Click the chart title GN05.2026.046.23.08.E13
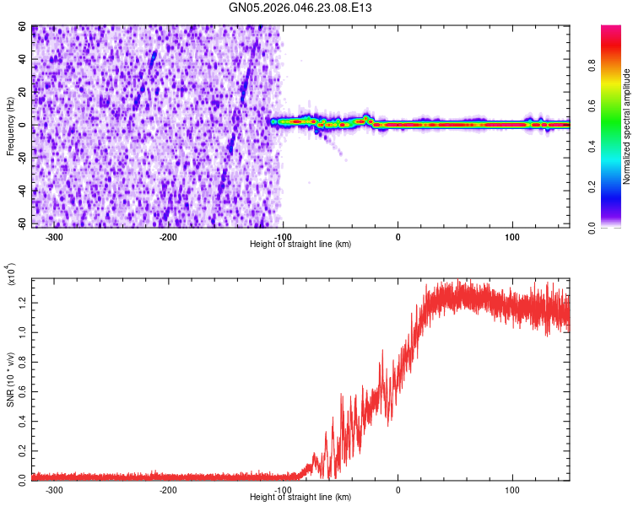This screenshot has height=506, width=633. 300,8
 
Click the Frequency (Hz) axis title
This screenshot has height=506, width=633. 11,126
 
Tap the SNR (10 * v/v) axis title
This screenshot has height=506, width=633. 11,374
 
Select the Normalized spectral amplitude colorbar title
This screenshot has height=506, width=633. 627,126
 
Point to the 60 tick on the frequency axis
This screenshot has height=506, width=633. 24,27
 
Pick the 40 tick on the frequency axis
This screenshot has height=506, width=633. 24,59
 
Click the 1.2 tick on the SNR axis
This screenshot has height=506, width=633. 24,299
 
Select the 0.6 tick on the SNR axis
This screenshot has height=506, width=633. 24,389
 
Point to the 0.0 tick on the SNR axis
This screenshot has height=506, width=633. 24,477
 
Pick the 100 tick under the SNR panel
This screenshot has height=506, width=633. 512,490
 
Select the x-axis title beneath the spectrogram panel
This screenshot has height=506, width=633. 300,245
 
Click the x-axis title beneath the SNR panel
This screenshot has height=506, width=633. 300,498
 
